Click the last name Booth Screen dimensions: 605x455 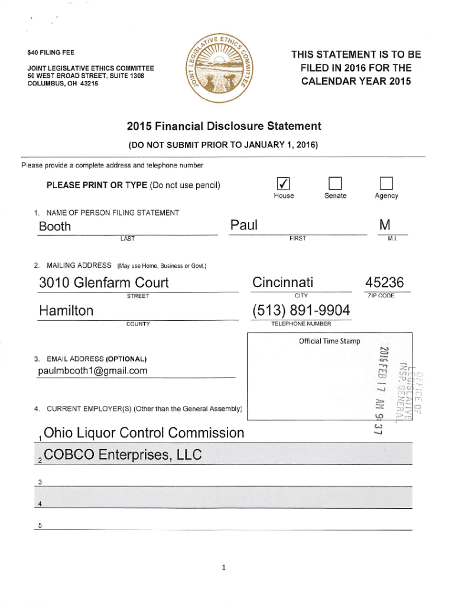pos(54,227)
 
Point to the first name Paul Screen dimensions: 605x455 pos(243,225)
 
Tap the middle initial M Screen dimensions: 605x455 pos(385,225)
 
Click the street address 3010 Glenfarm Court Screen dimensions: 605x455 pos(103,283)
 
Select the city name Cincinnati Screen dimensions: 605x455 pos(283,282)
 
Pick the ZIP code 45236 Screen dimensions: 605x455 pos(384,282)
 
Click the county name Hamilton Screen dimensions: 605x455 pos(66,311)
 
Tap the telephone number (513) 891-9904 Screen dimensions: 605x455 pos(301,310)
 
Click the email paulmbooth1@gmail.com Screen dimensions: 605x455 pos(93,371)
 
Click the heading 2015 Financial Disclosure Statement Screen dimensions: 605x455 pos(224,126)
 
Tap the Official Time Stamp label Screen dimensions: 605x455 pos(329,341)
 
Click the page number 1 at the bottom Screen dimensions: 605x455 pos(224,568)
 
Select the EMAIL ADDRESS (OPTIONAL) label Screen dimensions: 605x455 pos(96,359)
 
